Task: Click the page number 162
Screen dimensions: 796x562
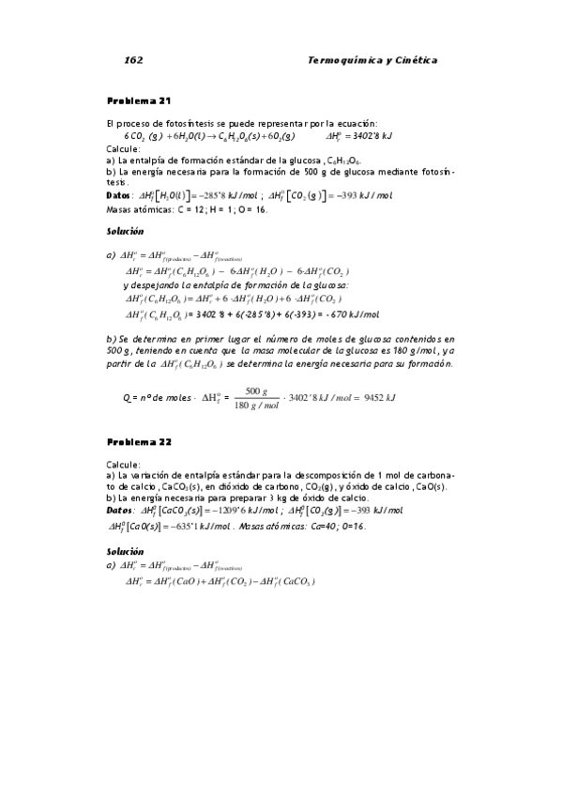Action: tap(132, 60)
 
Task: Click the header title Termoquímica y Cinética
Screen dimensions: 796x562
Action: tap(372, 60)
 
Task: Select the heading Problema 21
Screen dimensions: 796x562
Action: tap(139, 100)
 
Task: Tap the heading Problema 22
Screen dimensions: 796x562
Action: tap(139, 441)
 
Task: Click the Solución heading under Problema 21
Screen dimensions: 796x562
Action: tap(126, 230)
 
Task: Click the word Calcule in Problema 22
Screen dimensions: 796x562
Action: tap(124, 464)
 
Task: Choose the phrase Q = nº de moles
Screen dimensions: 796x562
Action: tap(156, 398)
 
